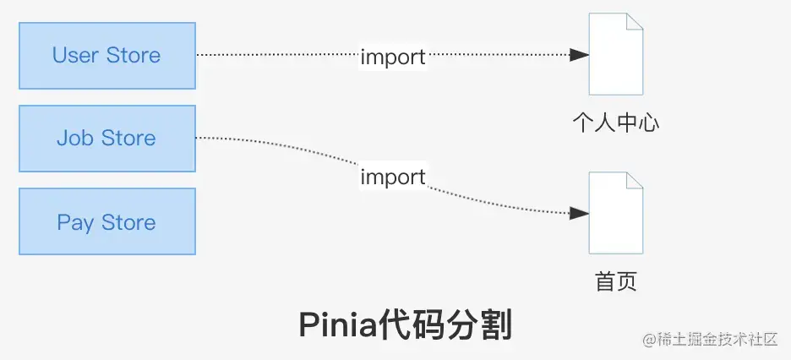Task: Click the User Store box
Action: click(106, 56)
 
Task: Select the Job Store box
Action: click(106, 139)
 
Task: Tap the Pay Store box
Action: click(106, 222)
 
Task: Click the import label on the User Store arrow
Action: click(393, 57)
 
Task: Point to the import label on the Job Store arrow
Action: click(393, 177)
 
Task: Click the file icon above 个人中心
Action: click(615, 54)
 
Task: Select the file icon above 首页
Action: click(615, 212)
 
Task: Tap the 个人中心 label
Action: click(615, 123)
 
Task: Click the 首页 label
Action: click(615, 281)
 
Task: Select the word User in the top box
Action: click(76, 56)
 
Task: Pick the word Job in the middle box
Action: click(74, 139)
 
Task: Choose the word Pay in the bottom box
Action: click(75, 223)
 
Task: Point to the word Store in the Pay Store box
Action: click(128, 222)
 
